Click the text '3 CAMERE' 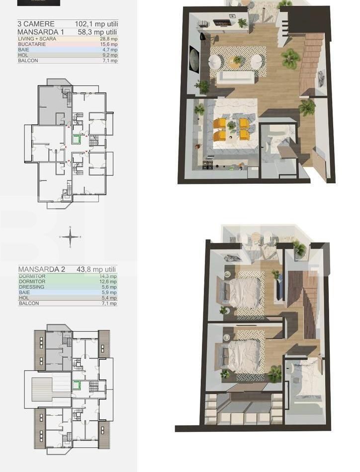[x=36, y=24]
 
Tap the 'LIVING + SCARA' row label [x=37, y=39]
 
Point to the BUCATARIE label [x=32, y=44]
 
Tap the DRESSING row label [x=31, y=287]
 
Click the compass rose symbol [x=71, y=236]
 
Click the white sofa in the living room [x=238, y=77]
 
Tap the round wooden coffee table [x=237, y=61]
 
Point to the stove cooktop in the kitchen [x=207, y=163]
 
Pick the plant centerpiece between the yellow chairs [x=231, y=127]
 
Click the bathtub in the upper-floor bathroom [x=303, y=386]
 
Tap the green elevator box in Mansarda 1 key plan [x=76, y=140]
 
